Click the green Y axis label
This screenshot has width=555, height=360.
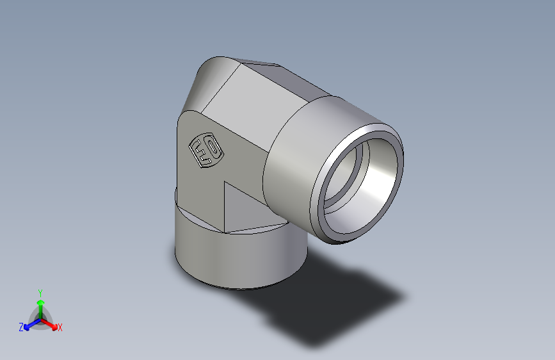point(40,292)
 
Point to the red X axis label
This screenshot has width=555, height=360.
point(60,328)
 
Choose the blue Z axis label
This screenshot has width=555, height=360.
point(21,327)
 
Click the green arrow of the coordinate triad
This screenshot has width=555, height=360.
point(40,304)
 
